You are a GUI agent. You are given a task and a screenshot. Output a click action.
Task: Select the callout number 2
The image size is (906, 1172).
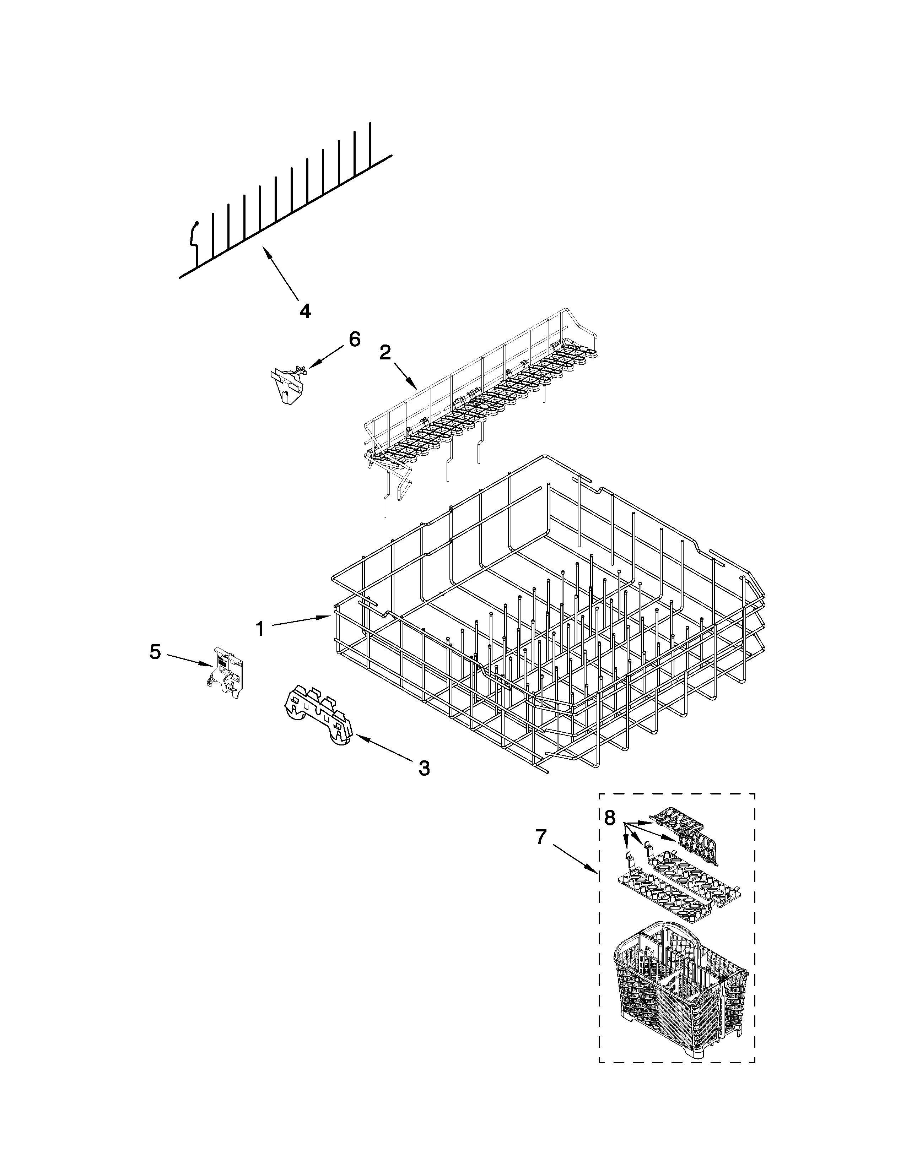pyautogui.click(x=385, y=353)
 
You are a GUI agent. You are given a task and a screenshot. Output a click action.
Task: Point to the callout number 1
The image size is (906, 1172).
pyautogui.click(x=260, y=628)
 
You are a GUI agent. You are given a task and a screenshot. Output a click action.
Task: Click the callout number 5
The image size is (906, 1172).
pyautogui.click(x=155, y=652)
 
